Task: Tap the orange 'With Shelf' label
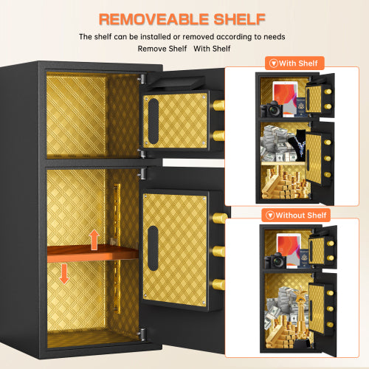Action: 294,63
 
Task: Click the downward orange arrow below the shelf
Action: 64,273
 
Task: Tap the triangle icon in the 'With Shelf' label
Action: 274,63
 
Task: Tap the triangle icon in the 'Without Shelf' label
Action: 269,215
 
